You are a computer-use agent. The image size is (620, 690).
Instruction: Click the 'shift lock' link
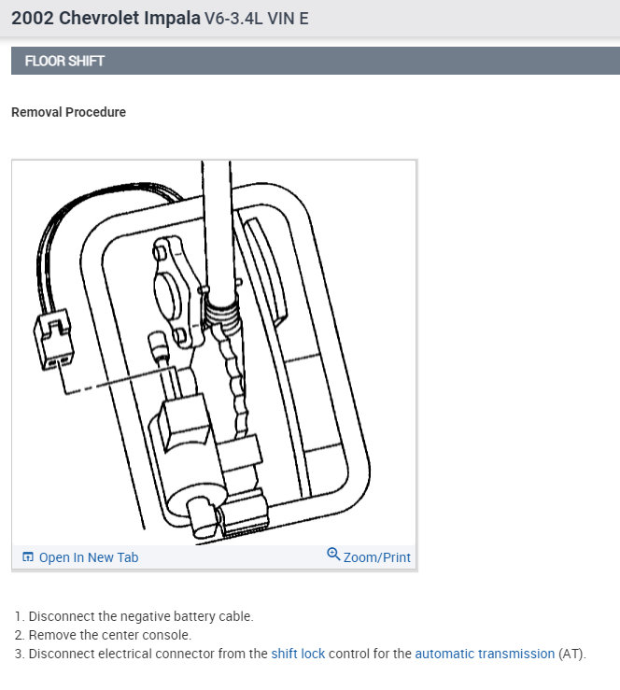tap(298, 654)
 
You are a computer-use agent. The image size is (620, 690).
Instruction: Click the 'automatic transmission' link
tap(485, 654)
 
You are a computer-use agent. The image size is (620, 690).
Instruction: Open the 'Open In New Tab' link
tap(88, 557)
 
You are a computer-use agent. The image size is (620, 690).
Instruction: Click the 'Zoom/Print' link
tap(376, 557)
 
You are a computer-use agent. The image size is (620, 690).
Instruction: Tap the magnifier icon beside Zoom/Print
tap(333, 555)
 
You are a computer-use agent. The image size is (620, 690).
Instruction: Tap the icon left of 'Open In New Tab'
tap(28, 557)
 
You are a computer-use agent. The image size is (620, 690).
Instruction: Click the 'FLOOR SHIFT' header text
tap(64, 61)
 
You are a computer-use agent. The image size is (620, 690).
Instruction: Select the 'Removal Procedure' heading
tap(68, 112)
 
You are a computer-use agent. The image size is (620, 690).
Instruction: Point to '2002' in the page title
tap(33, 18)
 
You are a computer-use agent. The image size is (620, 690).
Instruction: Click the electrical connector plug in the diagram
tap(53, 340)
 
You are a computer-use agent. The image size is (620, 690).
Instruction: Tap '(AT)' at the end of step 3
tap(571, 654)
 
